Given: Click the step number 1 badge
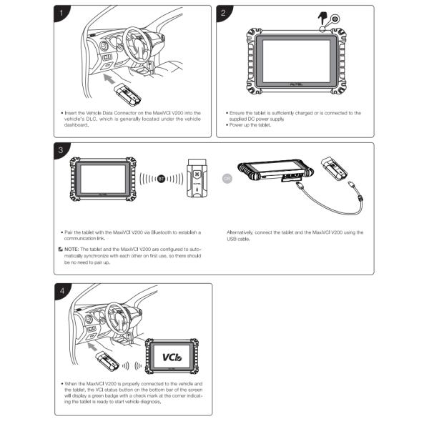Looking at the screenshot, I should (64, 14).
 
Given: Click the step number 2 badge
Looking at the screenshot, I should (226, 14).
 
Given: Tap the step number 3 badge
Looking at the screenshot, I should (64, 150).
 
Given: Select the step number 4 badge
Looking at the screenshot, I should (64, 291).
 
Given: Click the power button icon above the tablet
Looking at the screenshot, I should (336, 20).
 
